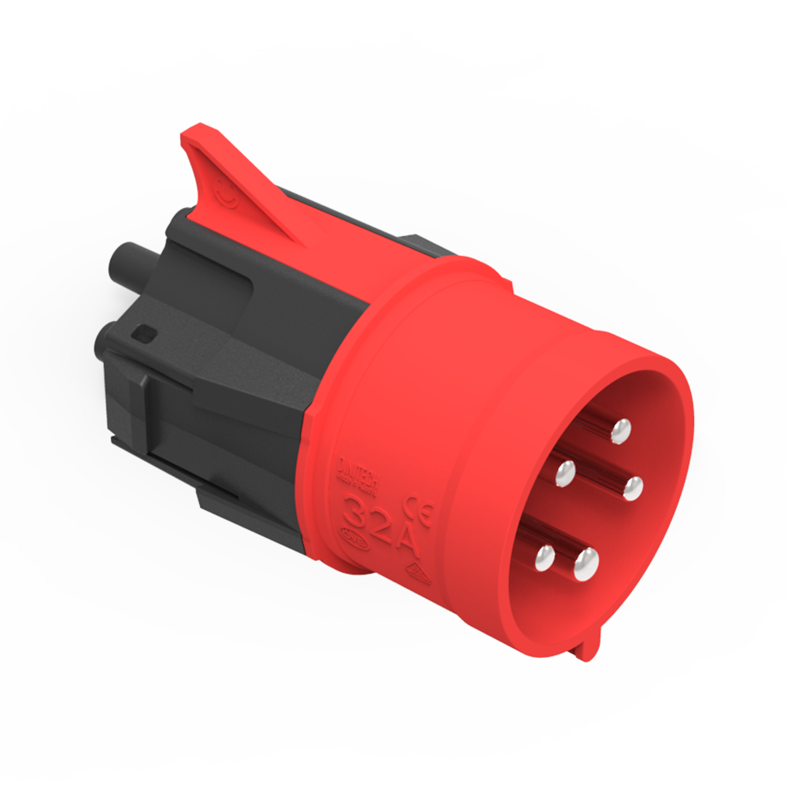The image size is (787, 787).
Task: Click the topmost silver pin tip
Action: tap(621, 430)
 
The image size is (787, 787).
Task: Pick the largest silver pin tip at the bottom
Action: tap(586, 563)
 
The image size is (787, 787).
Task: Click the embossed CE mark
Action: tap(417, 510)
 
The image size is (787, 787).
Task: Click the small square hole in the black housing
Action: tap(144, 334)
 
